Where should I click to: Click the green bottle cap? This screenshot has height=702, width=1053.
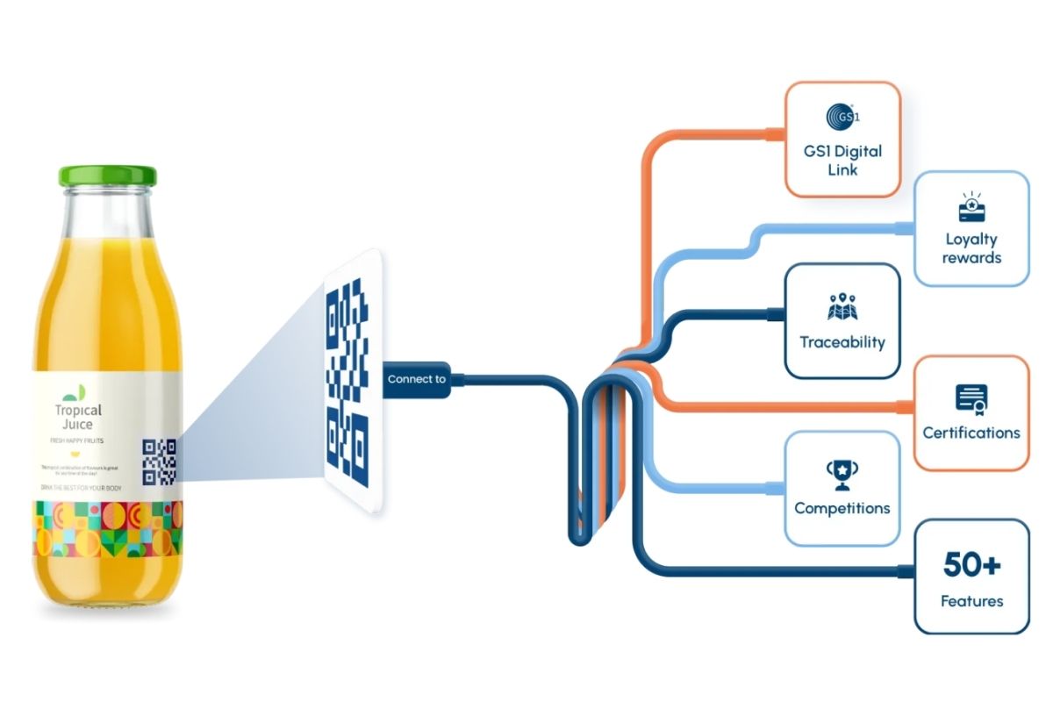click(107, 175)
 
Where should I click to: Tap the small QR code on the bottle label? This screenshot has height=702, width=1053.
click(159, 462)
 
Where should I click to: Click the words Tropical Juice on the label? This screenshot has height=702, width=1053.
click(78, 418)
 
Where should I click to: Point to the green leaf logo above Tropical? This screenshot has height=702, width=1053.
click(76, 391)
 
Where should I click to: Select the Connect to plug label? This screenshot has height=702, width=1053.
click(417, 379)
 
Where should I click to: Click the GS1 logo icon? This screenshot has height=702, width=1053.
click(842, 116)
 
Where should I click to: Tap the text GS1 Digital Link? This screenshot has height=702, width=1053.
click(842, 160)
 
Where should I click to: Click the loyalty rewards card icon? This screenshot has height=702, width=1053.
click(971, 208)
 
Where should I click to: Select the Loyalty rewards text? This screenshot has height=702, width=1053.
click(971, 248)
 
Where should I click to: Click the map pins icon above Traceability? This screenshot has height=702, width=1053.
click(842, 307)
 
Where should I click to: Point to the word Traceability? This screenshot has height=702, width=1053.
click(842, 342)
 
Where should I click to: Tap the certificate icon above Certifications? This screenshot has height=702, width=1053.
click(971, 399)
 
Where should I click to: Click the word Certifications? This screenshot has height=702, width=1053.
click(971, 433)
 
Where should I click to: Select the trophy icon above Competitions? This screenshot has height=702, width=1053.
click(842, 475)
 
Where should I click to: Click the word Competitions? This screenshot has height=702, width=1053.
click(842, 508)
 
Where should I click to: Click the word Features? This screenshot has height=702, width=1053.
click(971, 601)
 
